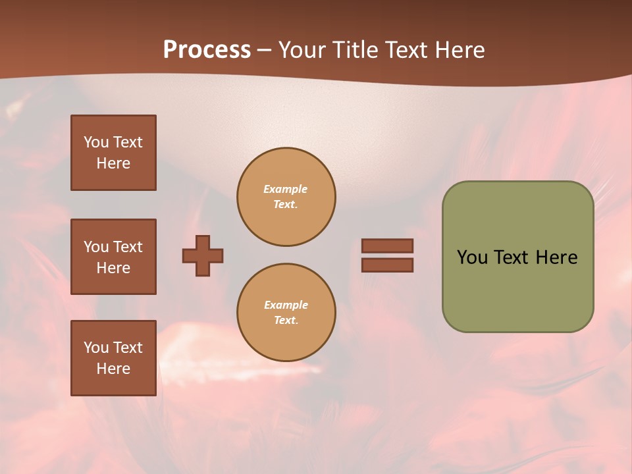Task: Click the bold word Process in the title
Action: (207, 50)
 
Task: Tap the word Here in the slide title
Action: (459, 50)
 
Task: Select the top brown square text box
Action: (113, 153)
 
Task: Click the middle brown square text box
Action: (113, 257)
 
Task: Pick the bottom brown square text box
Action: (113, 357)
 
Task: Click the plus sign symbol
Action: (203, 255)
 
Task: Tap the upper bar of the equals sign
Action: (387, 246)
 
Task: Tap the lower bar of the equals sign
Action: (387, 265)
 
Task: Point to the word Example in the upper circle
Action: (286, 189)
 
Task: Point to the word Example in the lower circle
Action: (286, 305)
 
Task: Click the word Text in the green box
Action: (512, 257)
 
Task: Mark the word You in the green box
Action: (473, 257)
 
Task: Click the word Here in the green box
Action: (556, 257)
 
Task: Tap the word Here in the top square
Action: (113, 163)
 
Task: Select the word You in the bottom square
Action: (96, 347)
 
